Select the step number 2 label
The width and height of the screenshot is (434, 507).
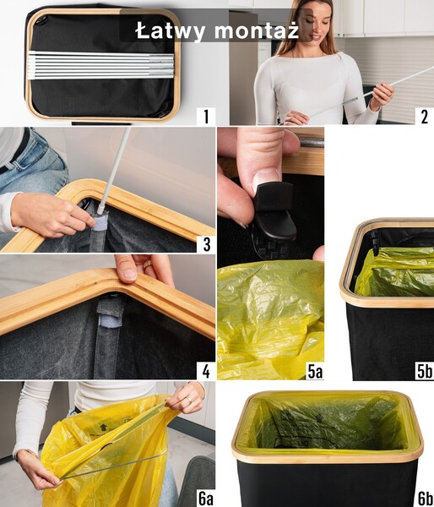point(423,116)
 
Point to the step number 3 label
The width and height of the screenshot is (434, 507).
point(205,244)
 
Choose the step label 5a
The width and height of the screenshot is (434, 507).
point(312,370)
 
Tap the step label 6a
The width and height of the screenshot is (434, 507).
point(203,498)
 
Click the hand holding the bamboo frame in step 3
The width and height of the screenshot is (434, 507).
point(51,214)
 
